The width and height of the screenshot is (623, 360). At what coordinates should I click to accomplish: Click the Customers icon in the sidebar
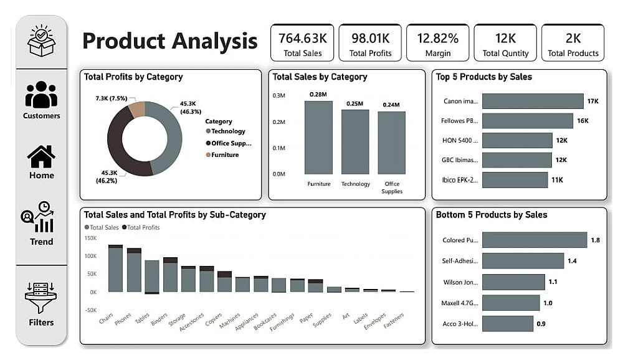41,95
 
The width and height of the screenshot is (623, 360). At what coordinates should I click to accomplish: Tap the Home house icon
41,157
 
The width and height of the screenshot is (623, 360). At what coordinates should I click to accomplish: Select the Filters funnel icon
41,298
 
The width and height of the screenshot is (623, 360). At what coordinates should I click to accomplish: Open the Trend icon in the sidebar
41,217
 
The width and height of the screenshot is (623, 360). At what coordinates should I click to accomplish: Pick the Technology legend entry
227,131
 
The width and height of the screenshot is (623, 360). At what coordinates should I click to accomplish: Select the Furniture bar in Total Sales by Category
318,137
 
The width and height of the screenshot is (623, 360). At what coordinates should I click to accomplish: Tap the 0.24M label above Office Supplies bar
392,105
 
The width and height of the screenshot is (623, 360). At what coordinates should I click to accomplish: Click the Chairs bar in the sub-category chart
115,269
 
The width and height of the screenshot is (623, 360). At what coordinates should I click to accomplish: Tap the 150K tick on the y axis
90,238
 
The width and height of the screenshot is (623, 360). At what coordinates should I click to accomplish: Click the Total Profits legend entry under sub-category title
143,227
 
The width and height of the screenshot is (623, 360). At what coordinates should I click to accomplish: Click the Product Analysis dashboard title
169,41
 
